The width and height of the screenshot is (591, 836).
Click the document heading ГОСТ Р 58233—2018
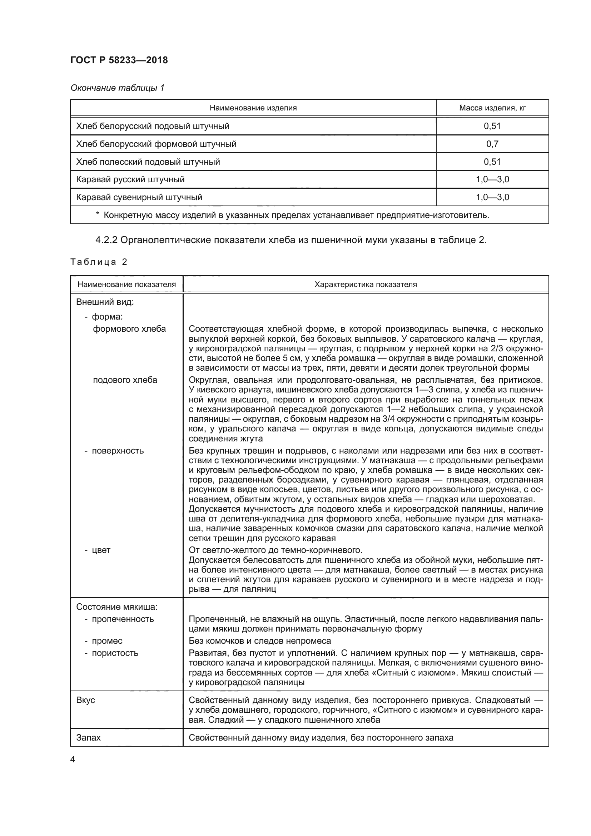pyautogui.click(x=119, y=60)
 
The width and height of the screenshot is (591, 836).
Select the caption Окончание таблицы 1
pyautogui.click(x=117, y=88)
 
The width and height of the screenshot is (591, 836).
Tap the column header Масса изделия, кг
pyautogui.click(x=492, y=108)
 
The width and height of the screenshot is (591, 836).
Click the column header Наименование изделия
pyautogui.click(x=253, y=108)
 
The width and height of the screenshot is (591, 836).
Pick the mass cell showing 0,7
pyautogui.click(x=492, y=144)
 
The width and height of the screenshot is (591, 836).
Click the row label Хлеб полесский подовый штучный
pyautogui.click(x=148, y=162)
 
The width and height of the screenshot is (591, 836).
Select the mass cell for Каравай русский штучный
pyautogui.click(x=492, y=179)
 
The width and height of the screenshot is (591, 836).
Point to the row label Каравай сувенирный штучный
pyautogui.click(x=139, y=197)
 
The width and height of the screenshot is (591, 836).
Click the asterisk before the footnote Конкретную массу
pyautogui.click(x=98, y=215)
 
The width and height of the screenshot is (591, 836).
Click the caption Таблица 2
pyautogui.click(x=99, y=262)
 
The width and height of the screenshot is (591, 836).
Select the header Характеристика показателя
pyautogui.click(x=366, y=285)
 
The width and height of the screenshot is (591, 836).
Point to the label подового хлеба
pyautogui.click(x=125, y=380)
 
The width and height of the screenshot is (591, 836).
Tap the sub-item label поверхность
pyautogui.click(x=118, y=451)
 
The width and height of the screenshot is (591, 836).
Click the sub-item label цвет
pyautogui.click(x=101, y=550)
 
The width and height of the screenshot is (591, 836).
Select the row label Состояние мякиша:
pyautogui.click(x=117, y=607)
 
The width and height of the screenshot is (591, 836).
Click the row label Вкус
pyautogui.click(x=85, y=700)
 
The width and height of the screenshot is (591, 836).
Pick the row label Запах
pyautogui.click(x=88, y=738)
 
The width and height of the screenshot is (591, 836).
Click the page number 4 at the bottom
pyautogui.click(x=73, y=760)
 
